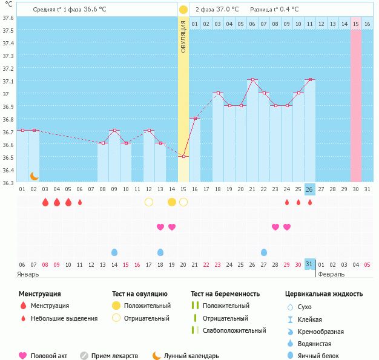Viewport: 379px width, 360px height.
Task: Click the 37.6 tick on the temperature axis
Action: (8, 18)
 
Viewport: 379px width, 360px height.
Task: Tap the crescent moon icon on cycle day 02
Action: (35, 176)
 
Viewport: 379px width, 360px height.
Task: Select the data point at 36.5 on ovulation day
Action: (183, 157)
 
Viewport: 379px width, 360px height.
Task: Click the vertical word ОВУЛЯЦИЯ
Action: (183, 36)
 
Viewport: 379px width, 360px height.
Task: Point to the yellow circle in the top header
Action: (183, 10)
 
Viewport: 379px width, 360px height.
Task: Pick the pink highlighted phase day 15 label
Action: (356, 24)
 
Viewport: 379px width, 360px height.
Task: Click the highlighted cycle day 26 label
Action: (309, 189)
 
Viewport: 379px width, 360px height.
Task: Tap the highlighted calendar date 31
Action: (309, 264)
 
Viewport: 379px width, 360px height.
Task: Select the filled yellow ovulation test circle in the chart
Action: (172, 202)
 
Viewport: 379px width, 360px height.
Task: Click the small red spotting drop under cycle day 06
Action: (80, 202)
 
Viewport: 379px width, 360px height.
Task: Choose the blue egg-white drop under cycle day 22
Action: (264, 252)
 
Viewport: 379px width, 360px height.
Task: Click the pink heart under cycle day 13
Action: (160, 227)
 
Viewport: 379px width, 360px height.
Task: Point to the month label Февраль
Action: (331, 274)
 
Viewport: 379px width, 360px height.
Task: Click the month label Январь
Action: (28, 275)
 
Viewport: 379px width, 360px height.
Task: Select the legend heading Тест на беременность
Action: (225, 294)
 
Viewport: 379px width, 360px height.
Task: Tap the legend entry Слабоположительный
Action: (234, 330)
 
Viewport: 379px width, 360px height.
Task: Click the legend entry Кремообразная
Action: (320, 332)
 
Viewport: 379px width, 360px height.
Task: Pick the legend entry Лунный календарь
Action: (191, 356)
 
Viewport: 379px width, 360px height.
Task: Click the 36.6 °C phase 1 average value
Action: (95, 10)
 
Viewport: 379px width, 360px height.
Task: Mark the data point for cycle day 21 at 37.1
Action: (252, 79)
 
